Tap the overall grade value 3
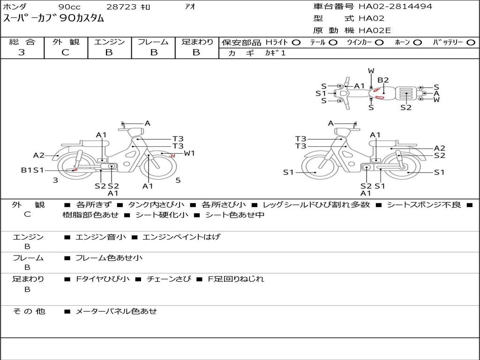coord(22,52)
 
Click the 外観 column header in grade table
coord(66,42)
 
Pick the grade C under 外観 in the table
coord(66,52)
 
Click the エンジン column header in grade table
coord(109,42)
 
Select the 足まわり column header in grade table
coord(197,42)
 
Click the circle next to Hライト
coord(296,43)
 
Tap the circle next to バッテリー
coord(471,43)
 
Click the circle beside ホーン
coord(418,43)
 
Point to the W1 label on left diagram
coord(189,153)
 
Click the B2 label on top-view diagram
coord(383,80)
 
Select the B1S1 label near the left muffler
coord(32,170)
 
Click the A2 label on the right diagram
coord(439,148)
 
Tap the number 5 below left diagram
coord(178,180)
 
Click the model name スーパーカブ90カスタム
coord(54,19)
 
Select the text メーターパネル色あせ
coord(116,311)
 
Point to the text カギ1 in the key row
coord(275,53)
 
